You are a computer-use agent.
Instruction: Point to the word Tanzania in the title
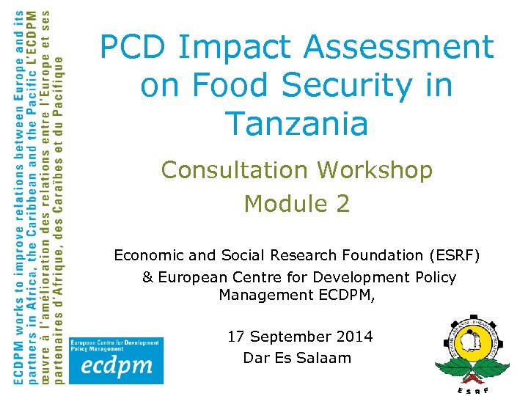pos(297,122)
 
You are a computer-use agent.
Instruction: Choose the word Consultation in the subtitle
pos(236,170)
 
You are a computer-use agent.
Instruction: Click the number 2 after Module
pos(342,204)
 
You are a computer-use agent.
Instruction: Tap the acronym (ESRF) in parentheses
pos(456,255)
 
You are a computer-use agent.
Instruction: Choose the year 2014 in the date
pos(354,337)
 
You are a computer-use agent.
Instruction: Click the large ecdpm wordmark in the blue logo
pos(112,367)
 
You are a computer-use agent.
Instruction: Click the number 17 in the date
pos(236,337)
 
